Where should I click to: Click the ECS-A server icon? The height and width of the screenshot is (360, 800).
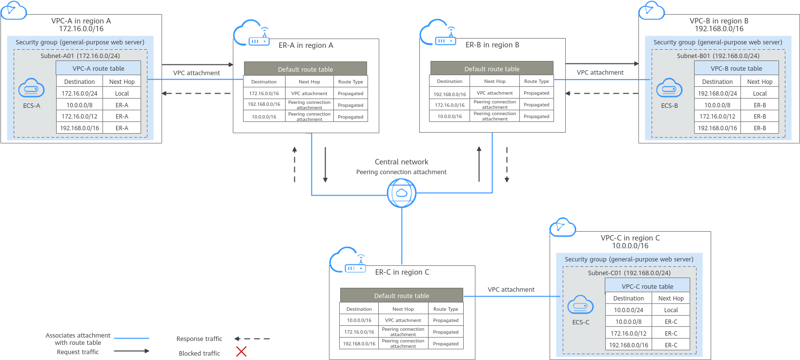pyautogui.click(x=31, y=88)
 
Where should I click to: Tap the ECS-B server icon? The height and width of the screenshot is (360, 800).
pyautogui.click(x=669, y=88)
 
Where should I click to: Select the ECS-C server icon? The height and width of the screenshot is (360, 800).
pyautogui.click(x=580, y=305)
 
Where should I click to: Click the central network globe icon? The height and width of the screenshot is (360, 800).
pyautogui.click(x=402, y=193)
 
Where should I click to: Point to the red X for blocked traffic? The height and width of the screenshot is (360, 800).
pyautogui.click(x=241, y=351)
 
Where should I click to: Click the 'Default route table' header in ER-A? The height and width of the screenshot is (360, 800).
pyautogui.click(x=305, y=69)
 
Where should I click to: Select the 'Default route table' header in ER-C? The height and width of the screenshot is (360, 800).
pyautogui.click(x=401, y=296)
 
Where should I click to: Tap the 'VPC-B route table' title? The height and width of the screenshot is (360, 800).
pyautogui.click(x=736, y=69)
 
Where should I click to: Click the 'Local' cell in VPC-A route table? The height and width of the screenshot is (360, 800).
pyautogui.click(x=122, y=94)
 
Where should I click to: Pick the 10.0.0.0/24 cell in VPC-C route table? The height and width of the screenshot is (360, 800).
pyautogui.click(x=629, y=310)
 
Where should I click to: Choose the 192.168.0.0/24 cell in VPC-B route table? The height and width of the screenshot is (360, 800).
pyautogui.click(x=717, y=94)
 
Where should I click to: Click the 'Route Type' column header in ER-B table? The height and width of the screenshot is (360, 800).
pyautogui.click(x=536, y=81)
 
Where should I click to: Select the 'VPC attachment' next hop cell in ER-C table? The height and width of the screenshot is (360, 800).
pyautogui.click(x=403, y=320)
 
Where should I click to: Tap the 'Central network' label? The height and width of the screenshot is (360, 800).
pyautogui.click(x=401, y=162)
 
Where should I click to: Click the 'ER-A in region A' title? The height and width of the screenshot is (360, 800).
pyautogui.click(x=306, y=45)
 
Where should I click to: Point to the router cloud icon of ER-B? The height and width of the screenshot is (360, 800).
pyautogui.click(x=438, y=33)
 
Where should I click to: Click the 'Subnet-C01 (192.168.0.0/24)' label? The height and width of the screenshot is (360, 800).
pyautogui.click(x=629, y=273)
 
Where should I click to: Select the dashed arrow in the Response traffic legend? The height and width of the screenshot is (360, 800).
pyautogui.click(x=252, y=339)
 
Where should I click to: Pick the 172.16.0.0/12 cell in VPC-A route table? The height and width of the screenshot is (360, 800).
pyautogui.click(x=80, y=117)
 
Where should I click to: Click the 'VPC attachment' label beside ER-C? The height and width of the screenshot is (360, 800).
pyautogui.click(x=511, y=290)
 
